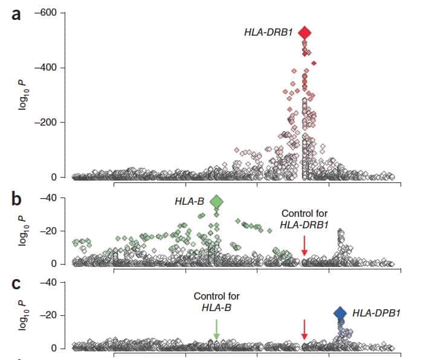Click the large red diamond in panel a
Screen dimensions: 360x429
(305, 33)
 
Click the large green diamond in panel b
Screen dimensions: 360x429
(216, 202)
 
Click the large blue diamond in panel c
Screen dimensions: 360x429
(340, 313)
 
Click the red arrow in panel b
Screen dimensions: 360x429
(305, 245)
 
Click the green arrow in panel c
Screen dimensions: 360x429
(216, 329)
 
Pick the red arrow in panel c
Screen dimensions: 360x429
(305, 329)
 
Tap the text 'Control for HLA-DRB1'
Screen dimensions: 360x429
(305, 219)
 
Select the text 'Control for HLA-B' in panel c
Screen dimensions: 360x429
(216, 302)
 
